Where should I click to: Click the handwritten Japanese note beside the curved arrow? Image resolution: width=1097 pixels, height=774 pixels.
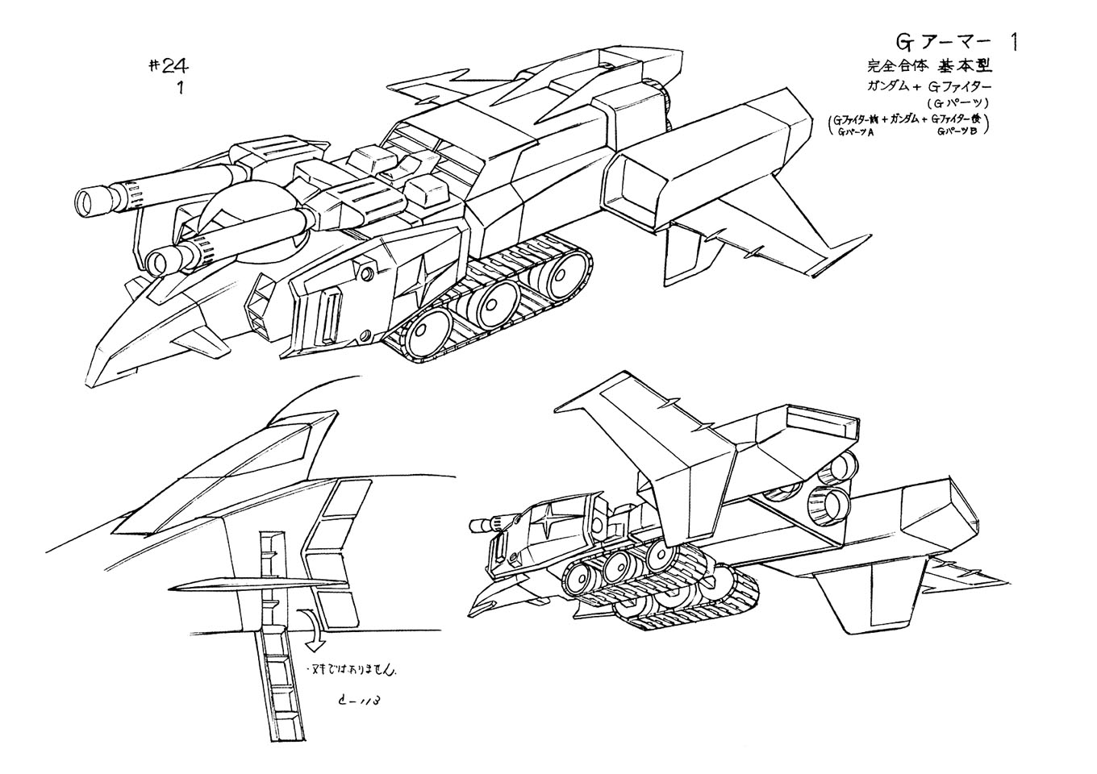point(352,668)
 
